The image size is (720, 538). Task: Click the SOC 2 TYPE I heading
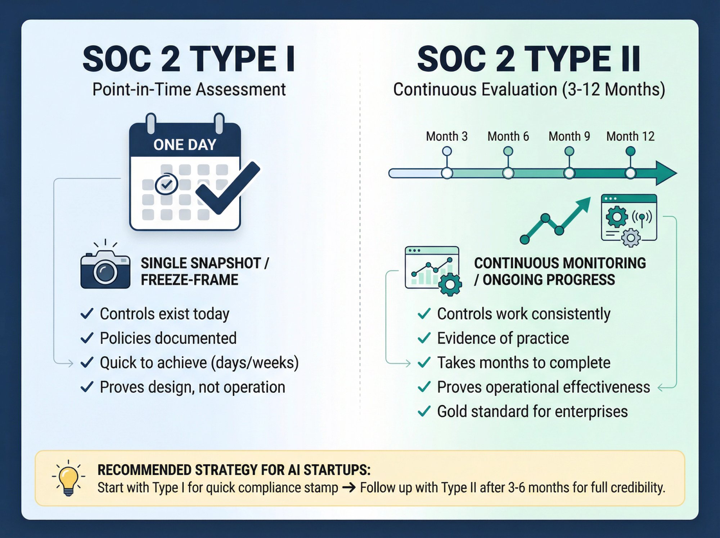[189, 59]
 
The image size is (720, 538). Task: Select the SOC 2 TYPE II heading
[529, 59]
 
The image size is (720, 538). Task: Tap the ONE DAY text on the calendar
[185, 145]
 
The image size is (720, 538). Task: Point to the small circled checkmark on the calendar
[166, 184]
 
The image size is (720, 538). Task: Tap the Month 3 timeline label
[447, 137]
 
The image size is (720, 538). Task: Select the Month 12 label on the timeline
[630, 137]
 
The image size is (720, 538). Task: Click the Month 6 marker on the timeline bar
[508, 173]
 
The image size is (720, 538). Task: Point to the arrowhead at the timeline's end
[666, 173]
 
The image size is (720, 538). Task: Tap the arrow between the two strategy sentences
[349, 488]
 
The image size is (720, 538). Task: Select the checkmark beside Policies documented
[87, 338]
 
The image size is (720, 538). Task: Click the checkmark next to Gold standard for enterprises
[424, 411]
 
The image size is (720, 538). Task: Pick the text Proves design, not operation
[192, 387]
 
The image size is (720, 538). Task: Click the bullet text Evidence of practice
[503, 338]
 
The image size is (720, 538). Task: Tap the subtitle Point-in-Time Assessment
[189, 89]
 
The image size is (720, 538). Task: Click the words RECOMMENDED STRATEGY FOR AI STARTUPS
[234, 470]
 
